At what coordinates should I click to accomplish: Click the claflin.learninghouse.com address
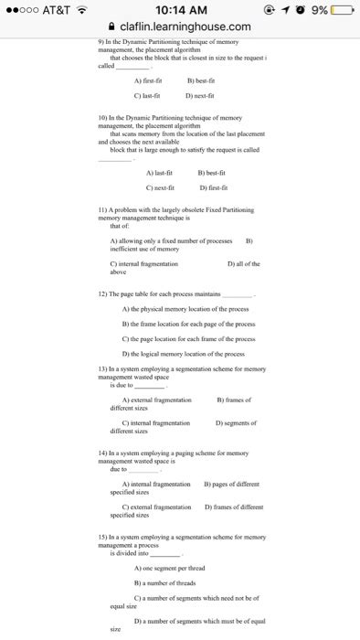click(186, 27)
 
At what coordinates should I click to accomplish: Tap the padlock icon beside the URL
click(111, 27)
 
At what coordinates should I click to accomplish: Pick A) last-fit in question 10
click(159, 171)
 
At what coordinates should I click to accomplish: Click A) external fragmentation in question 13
click(156, 400)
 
